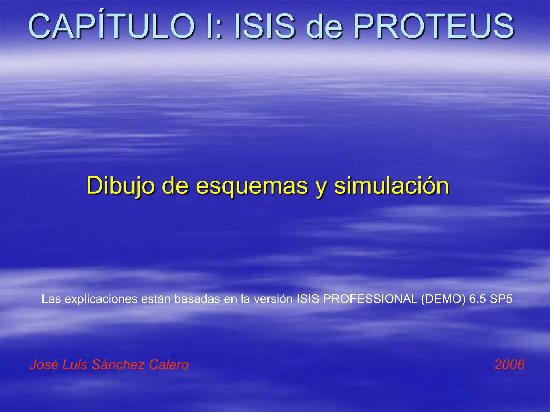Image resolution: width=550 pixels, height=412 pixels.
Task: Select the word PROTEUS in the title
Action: point(433,26)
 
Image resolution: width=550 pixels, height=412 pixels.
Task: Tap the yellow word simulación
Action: point(392,186)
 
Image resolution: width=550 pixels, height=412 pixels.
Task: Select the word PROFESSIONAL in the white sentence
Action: point(370,299)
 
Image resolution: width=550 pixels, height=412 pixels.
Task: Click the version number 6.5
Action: point(477,299)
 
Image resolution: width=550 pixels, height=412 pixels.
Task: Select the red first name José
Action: point(44,365)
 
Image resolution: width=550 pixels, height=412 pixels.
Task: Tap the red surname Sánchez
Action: point(118,365)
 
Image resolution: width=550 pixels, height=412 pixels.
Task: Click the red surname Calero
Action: point(169,365)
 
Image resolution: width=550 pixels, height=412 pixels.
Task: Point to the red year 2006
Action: point(509,365)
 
